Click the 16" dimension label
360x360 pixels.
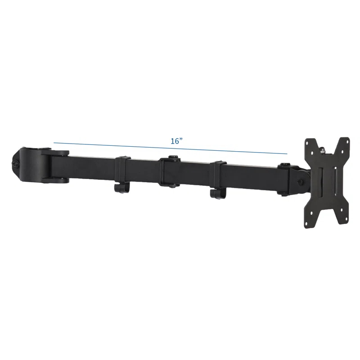(176, 141)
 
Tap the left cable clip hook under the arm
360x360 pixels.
(120, 189)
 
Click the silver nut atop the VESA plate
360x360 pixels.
(324, 148)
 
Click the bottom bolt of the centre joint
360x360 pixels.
(171, 186)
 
